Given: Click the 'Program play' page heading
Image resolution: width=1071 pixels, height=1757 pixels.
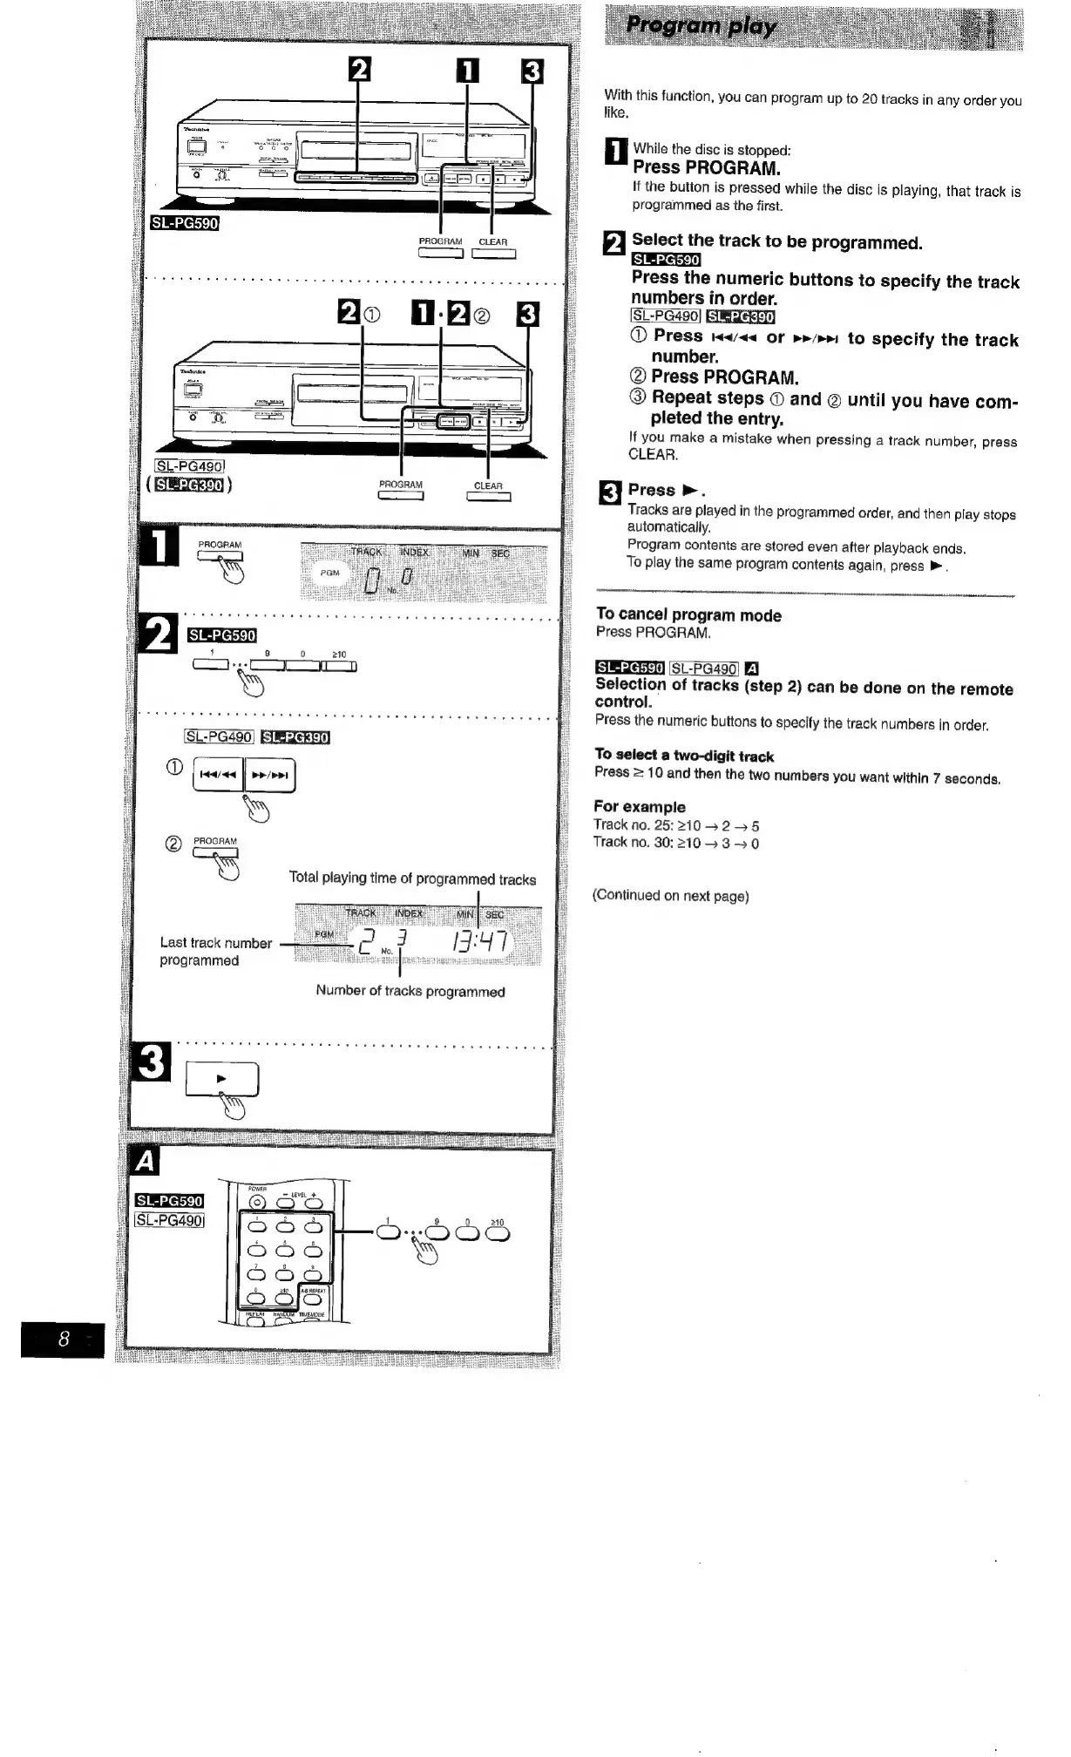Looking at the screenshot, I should pos(702,26).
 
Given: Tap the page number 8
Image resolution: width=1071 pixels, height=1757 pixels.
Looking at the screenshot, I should pos(64,1339).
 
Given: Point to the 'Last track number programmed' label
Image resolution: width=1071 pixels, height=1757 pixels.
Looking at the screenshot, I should pos(215,951).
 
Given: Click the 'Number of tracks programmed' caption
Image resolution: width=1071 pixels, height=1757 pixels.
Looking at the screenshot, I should pos(410,991).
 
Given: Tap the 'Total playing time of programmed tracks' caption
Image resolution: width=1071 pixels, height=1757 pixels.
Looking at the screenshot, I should pos(412,878).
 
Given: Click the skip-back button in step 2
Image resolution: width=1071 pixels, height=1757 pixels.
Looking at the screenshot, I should pos(218,775).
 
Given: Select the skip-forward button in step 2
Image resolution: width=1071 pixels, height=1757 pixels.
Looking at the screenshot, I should pos(269,775).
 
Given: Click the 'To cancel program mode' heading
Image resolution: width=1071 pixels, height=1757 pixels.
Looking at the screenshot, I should pos(688,615).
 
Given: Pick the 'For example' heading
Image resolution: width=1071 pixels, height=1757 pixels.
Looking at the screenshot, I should pos(639,806).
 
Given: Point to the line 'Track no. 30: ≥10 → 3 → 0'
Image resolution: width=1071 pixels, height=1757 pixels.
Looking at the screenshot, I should pos(675,843).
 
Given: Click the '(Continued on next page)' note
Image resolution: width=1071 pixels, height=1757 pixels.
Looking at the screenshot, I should pos(670,895).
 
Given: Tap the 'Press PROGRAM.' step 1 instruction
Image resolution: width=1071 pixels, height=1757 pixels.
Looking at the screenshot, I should pos(706,166).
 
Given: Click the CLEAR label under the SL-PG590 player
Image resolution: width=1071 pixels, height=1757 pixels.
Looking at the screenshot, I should pos(492,241).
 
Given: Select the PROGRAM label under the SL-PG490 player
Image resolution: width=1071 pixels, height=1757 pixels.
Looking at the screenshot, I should pos(400,485).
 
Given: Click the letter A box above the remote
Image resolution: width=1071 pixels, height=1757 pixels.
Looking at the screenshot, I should pos(146,1162).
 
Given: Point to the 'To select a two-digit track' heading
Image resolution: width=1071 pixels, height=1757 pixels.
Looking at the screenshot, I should pos(684,756).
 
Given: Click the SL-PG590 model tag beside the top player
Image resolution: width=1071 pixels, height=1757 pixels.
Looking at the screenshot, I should pos(184,222).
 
